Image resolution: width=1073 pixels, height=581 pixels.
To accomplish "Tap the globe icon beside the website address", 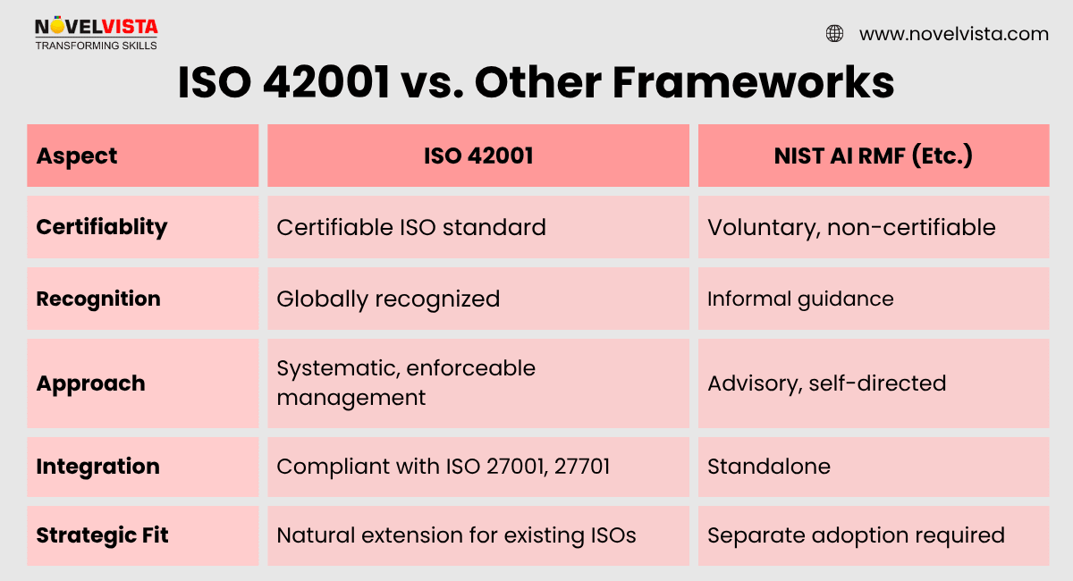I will [834, 34].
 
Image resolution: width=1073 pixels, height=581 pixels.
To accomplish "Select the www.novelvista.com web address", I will [953, 34].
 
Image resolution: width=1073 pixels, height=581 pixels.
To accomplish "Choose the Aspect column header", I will [77, 156].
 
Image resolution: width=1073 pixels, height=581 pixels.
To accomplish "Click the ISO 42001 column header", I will [478, 156].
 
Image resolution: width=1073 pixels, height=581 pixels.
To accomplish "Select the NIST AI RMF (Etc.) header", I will [874, 156].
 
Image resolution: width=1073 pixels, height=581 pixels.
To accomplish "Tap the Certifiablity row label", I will [102, 227].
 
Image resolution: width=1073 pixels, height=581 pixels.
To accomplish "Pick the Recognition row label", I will [98, 299].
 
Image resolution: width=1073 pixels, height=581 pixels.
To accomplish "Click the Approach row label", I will [90, 383].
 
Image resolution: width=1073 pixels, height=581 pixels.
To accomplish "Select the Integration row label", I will [97, 467].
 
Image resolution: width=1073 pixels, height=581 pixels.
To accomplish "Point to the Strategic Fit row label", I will [102, 535].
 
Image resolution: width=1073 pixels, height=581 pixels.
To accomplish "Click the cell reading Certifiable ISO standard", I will [411, 227].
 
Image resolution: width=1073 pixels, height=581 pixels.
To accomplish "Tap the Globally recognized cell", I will [388, 299].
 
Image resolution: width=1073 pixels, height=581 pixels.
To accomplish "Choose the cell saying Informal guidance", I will [800, 299].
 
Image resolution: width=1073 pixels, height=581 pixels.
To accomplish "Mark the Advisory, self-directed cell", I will [826, 383].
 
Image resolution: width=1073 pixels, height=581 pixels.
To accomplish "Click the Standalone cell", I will [769, 467].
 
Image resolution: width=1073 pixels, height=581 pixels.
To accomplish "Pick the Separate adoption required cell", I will [856, 535].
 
